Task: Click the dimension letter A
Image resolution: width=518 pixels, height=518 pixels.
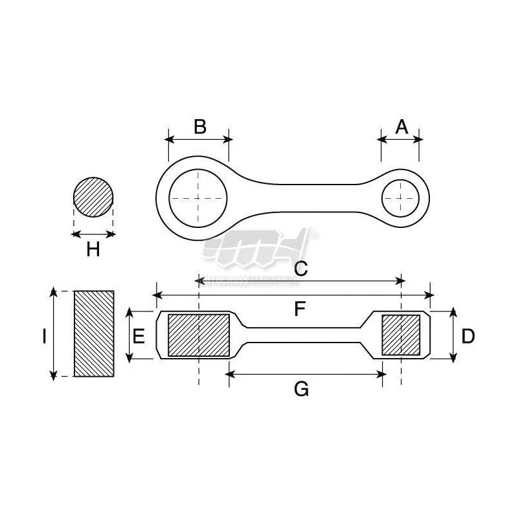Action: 401,126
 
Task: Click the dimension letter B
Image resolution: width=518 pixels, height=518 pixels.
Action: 199,126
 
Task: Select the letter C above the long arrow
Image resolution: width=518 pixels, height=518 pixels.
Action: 300,269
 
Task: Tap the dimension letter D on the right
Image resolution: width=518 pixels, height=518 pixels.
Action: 468,336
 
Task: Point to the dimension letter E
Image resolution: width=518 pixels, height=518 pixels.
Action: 138,336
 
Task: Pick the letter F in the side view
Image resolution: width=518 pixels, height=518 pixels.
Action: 299,309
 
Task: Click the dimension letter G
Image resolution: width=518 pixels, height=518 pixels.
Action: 301,389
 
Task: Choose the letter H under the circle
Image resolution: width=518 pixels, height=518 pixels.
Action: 93,249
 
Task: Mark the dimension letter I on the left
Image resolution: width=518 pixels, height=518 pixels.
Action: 43,336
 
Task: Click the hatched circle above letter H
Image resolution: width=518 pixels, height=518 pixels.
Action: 93,197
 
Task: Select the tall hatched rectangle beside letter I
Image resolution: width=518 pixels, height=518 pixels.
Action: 94,333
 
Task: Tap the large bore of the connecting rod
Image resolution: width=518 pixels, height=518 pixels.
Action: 199,197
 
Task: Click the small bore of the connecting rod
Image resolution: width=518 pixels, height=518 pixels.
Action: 401,197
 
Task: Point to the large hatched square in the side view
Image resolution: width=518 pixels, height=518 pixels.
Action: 199,335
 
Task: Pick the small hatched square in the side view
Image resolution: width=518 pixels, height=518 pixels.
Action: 401,335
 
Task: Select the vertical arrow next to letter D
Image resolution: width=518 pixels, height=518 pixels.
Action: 453,335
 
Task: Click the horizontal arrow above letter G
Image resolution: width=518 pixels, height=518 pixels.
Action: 306,374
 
